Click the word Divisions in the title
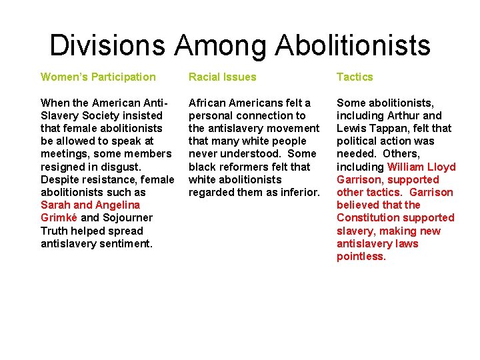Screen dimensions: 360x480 tap(107, 45)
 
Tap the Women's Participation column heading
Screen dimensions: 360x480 tap(98, 77)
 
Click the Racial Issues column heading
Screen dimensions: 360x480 tap(222, 77)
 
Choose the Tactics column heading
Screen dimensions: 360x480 tap(355, 77)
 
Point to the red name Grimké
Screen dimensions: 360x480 tap(59, 217)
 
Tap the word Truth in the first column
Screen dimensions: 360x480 tap(55, 231)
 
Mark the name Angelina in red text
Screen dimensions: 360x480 tap(117, 205)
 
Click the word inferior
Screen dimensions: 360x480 tap(301, 192)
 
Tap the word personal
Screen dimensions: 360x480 tap(211, 115)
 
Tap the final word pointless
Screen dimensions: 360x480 tap(361, 256)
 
